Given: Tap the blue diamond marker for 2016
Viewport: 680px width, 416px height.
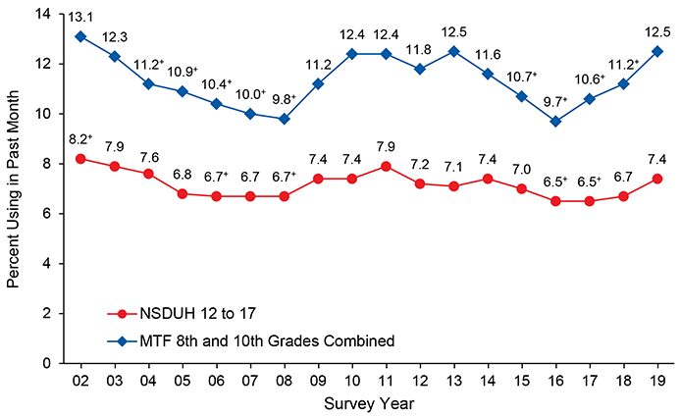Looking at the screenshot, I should [x=556, y=121].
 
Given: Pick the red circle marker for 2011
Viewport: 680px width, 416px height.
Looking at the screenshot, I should [x=387, y=166].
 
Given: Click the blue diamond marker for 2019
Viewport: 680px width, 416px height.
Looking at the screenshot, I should [x=657, y=51].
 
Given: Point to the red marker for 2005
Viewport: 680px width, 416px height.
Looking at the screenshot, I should [x=183, y=193].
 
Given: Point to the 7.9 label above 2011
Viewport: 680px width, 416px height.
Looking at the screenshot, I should [x=387, y=146].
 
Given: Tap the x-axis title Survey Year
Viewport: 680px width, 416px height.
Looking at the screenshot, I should [x=369, y=403].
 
